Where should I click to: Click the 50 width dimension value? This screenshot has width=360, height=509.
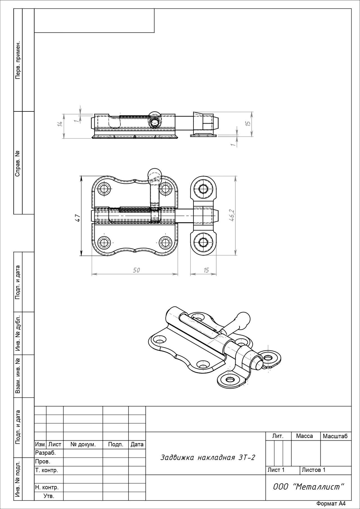(x=136, y=270)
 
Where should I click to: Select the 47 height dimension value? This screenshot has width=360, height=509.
(x=78, y=218)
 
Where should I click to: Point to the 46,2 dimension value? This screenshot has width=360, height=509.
(x=232, y=215)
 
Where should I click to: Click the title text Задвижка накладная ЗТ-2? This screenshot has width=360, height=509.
(x=208, y=458)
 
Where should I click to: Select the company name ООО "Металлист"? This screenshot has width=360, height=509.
(x=309, y=487)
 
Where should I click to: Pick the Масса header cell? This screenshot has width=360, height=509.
(x=304, y=436)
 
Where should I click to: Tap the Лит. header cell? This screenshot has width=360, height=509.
(x=278, y=436)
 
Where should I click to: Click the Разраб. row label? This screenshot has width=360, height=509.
(x=45, y=453)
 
